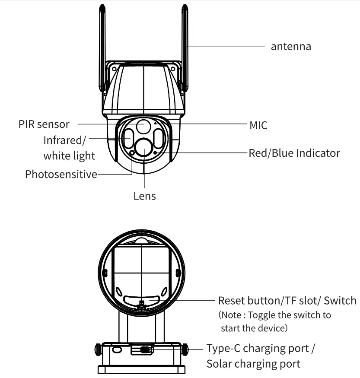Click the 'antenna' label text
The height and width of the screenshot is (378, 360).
coord(290,46)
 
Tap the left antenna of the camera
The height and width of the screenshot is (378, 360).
coord(102,48)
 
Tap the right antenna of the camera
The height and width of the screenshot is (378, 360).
coord(185,48)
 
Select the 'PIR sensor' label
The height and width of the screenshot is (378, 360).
coord(44,124)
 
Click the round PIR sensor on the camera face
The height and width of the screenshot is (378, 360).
coord(143,126)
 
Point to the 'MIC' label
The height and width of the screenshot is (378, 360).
coord(258,126)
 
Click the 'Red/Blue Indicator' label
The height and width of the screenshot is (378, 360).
coord(294,153)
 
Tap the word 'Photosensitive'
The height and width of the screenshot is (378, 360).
coord(61,175)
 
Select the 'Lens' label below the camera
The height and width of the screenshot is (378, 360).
coord(144,196)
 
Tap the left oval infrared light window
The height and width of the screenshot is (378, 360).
coord(127,139)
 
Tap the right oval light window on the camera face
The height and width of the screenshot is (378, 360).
coord(159,139)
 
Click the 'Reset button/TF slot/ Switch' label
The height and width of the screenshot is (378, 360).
coord(287,300)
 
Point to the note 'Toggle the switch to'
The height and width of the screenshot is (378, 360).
coord(275,314)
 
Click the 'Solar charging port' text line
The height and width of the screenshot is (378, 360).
coord(253,364)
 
